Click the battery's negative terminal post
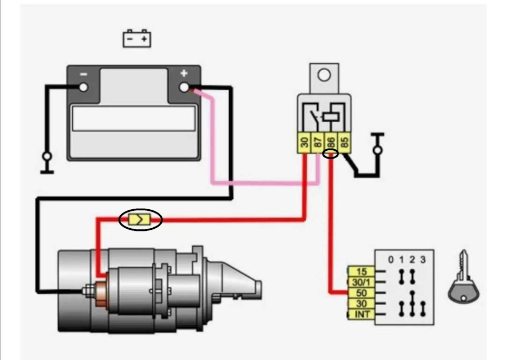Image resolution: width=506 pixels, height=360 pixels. point(83,87)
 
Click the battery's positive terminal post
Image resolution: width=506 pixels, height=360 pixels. point(184,87)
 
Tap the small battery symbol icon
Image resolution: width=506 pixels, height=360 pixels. point(137,38)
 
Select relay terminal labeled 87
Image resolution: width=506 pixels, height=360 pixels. point(317,142)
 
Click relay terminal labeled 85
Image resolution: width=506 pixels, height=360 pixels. point(344,142)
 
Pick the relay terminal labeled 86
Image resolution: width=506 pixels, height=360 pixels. point(331,142)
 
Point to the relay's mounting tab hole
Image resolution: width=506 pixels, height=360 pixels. point(324,75)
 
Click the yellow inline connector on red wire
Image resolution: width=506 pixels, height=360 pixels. point(139,220)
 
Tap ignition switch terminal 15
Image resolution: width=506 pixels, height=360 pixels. point(362,271)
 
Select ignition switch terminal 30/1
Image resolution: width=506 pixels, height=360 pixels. point(362,283)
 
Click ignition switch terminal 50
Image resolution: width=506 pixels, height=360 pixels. point(362,293)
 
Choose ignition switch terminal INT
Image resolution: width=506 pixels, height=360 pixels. point(362,314)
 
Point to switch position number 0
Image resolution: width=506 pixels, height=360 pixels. point(391,260)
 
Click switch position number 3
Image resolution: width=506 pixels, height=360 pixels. point(423,260)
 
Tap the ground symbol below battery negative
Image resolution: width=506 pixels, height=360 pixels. point(47,163)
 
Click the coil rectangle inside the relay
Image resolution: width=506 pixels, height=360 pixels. point(331,116)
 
